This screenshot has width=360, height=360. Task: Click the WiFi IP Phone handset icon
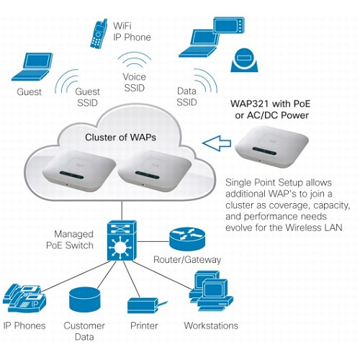click(98, 35)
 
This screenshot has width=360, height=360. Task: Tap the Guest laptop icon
click(32, 67)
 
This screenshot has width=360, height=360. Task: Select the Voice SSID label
click(135, 82)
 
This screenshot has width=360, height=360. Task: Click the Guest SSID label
click(87, 97)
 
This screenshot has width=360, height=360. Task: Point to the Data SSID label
click(186, 96)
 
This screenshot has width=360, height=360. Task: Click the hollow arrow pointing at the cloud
click(217, 143)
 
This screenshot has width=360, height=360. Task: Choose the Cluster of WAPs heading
click(120, 138)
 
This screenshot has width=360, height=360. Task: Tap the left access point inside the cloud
click(79, 171)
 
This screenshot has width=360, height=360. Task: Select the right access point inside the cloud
click(155, 171)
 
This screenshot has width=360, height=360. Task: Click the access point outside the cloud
click(271, 147)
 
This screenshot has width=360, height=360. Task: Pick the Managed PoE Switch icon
click(122, 240)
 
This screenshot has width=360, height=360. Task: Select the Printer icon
click(146, 305)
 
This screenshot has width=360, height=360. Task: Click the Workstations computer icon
click(211, 291)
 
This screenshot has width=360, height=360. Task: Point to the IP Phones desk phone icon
click(24, 298)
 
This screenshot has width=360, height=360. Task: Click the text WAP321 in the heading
click(250, 104)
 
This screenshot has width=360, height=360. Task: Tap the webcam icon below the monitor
click(245, 60)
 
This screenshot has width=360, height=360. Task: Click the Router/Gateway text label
click(187, 260)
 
